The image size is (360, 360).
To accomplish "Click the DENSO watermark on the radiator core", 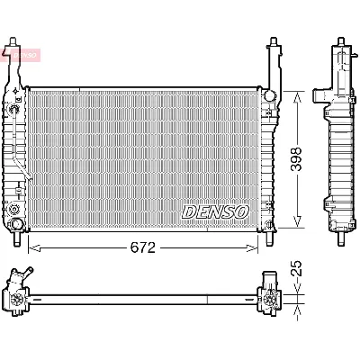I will pos(215,211).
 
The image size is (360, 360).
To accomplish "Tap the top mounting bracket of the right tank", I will pos(273,54).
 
